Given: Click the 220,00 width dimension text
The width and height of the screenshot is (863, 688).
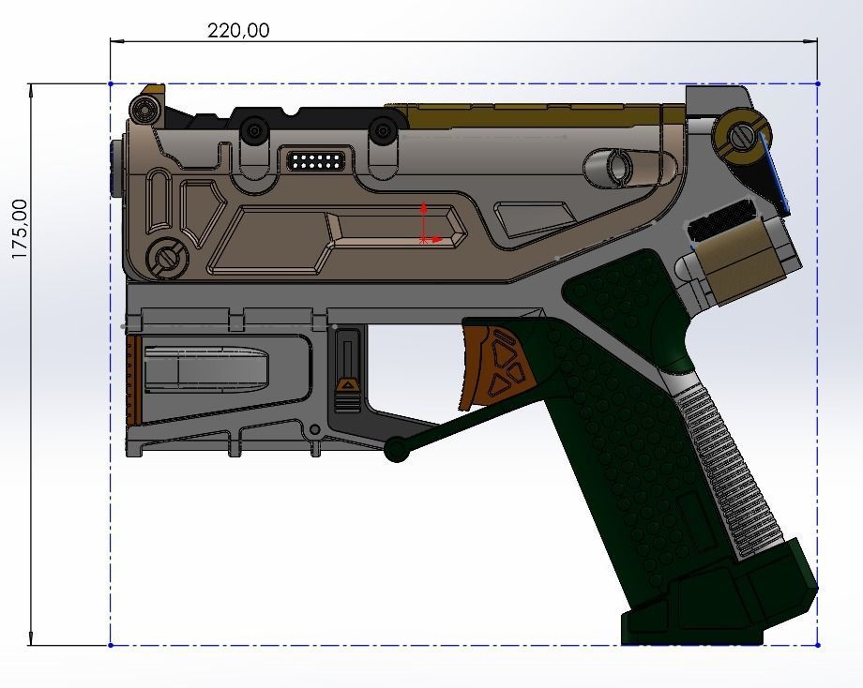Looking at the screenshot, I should pyautogui.click(x=238, y=30).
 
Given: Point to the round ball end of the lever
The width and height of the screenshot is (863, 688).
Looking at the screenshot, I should pyautogui.click(x=397, y=450).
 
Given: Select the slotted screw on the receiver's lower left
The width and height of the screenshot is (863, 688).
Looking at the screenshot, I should pyautogui.click(x=168, y=256).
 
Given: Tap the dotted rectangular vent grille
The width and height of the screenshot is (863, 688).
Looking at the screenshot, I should pyautogui.click(x=318, y=160).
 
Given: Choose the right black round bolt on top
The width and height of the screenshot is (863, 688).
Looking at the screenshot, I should pyautogui.click(x=381, y=131).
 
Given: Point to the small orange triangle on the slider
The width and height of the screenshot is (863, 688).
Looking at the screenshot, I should pyautogui.click(x=347, y=384).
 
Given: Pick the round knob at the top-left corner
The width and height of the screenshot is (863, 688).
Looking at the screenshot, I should pyautogui.click(x=144, y=110).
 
